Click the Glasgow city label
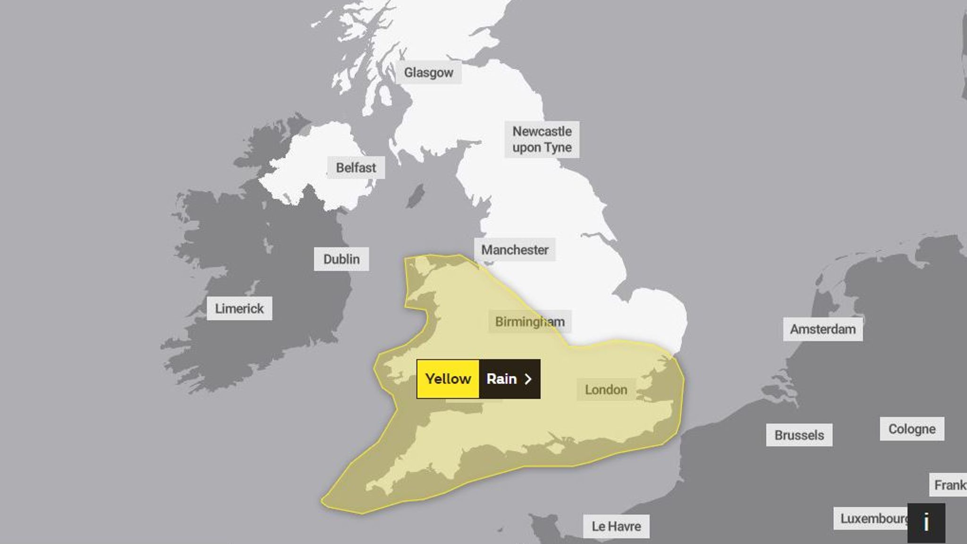428,73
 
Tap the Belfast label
356,168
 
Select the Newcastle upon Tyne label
542,139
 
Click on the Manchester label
515,250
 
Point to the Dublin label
341,259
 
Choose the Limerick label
239,308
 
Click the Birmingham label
530,322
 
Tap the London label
606,390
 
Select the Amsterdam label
823,329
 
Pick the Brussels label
799,435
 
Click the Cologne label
912,429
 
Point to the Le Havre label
616,526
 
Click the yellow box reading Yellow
448,379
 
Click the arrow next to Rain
528,379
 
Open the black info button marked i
926,523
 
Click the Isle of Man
416,195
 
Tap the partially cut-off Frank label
950,485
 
